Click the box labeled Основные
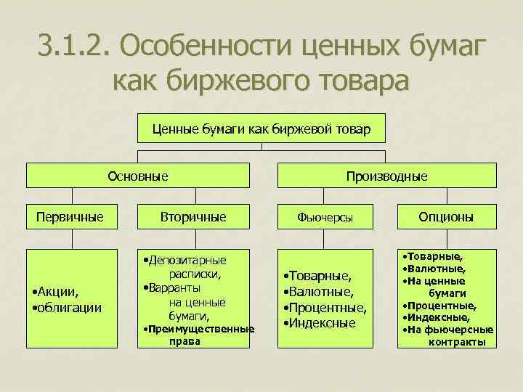click(x=138, y=175)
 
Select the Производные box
click(x=386, y=175)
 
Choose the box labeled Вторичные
click(x=192, y=216)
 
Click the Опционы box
click(x=446, y=216)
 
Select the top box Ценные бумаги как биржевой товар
click(x=261, y=129)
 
